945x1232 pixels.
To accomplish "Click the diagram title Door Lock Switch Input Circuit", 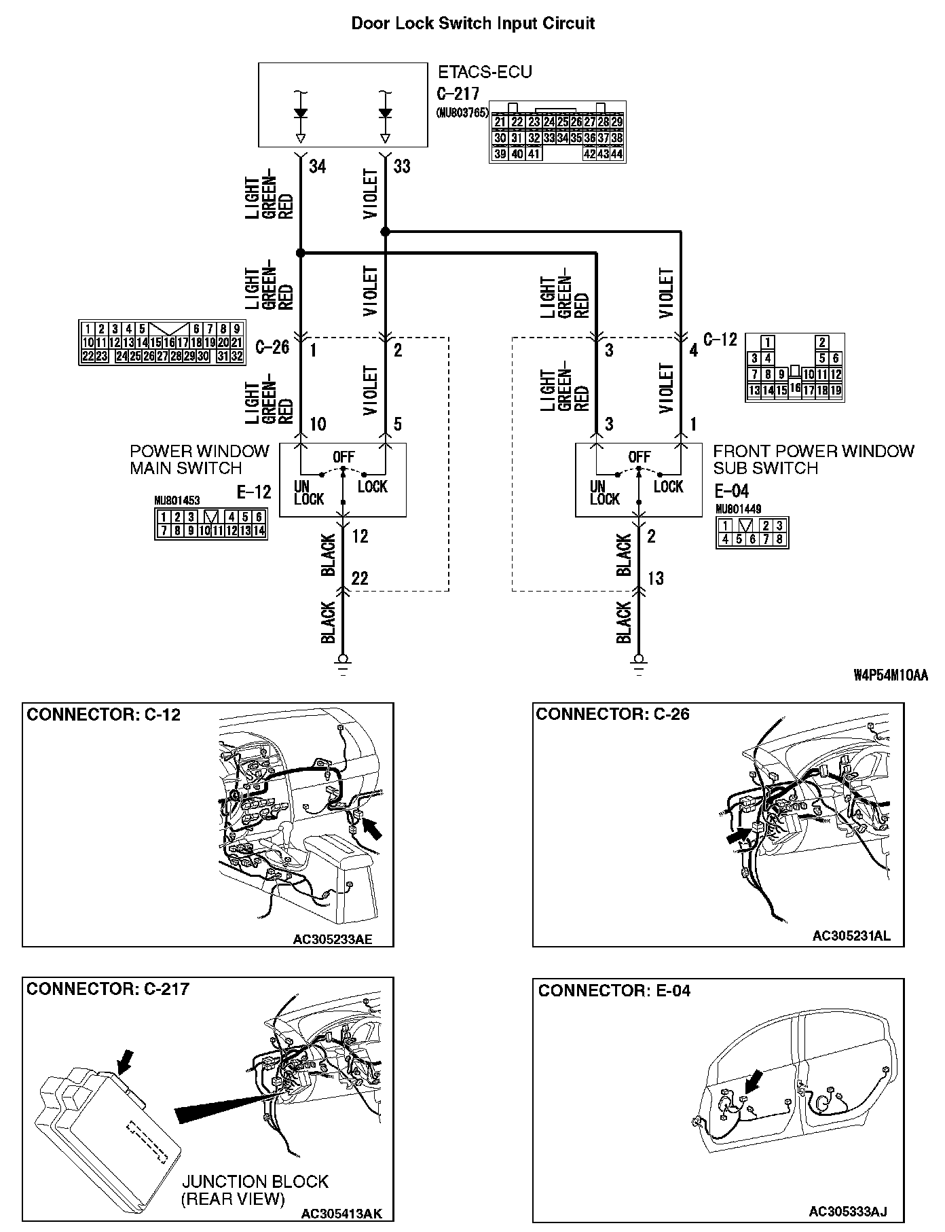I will click(472, 24).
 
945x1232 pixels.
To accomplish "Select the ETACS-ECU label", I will click(484, 71).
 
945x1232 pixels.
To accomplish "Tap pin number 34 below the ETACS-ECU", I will click(317, 166).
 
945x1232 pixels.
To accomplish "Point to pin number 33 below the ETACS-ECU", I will click(402, 166).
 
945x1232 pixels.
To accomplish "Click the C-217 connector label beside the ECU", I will click(458, 94).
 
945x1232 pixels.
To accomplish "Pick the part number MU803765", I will click(462, 113).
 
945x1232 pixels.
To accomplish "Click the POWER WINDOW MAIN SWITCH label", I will click(200, 460).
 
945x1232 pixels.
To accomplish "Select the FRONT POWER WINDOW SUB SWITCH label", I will click(813, 460).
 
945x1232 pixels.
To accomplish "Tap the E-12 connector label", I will click(254, 491).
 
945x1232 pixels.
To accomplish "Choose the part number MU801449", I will click(738, 509).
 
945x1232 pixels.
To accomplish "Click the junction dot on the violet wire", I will click(386, 232).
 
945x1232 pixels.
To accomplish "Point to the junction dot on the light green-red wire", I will click(301, 253).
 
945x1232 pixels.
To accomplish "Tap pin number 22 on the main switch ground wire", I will click(359, 578).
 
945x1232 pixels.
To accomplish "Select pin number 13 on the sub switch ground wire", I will click(655, 578).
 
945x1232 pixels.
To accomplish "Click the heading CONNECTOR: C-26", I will click(612, 714).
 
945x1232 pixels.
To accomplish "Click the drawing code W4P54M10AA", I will click(890, 675).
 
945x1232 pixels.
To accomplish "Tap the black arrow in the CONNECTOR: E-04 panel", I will click(752, 1081).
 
